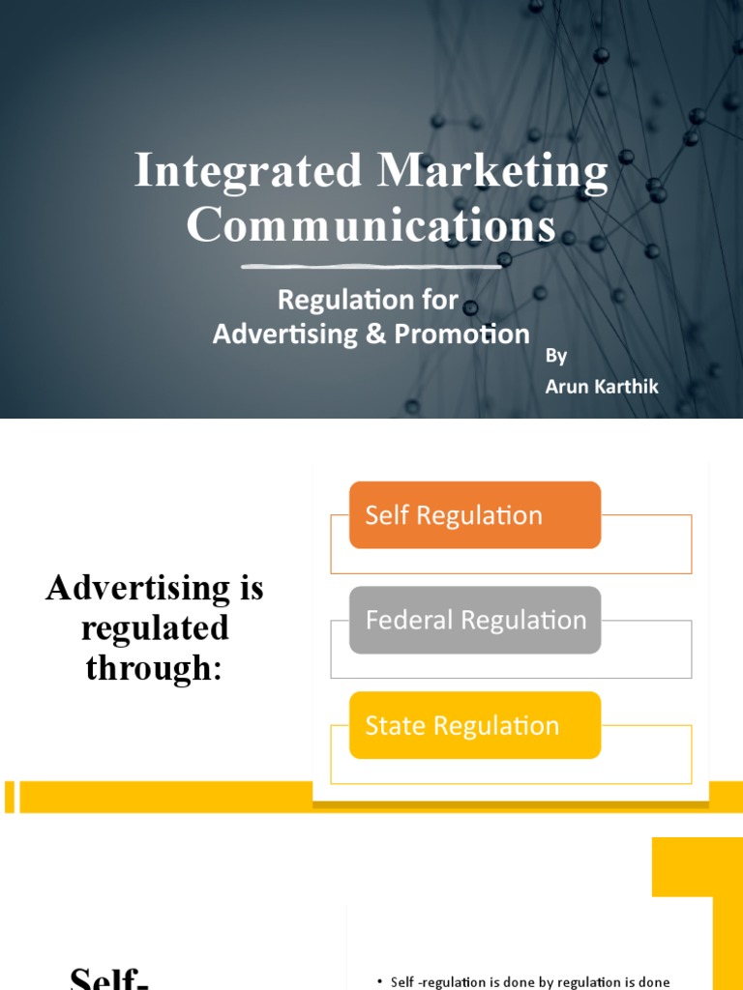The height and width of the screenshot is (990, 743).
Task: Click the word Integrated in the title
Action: click(249, 171)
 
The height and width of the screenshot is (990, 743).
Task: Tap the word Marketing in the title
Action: click(493, 171)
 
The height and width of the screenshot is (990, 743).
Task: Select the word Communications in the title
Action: click(371, 225)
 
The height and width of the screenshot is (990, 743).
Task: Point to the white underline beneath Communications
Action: click(371, 265)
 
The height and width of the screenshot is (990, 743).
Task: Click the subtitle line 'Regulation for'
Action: click(368, 300)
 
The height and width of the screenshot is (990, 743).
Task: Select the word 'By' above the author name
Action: click(556, 356)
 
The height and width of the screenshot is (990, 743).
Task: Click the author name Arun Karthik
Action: click(602, 386)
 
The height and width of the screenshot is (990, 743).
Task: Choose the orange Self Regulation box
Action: click(475, 515)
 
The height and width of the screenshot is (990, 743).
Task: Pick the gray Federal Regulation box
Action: click(475, 620)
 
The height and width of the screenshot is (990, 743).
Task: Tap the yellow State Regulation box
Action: click(475, 725)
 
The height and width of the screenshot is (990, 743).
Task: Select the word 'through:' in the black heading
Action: click(155, 666)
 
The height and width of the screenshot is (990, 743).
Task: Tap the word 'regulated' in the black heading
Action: click(155, 627)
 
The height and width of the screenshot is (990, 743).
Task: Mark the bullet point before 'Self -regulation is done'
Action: click(380, 982)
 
